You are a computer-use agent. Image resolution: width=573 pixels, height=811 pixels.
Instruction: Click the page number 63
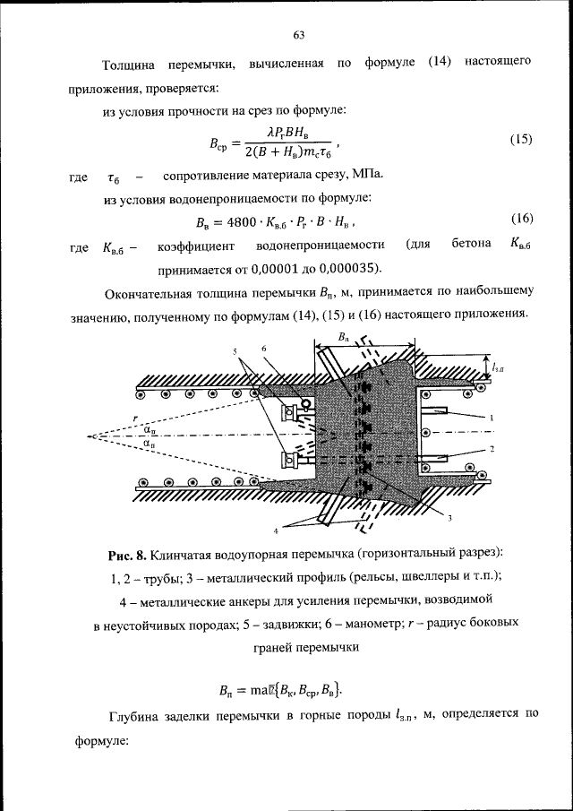(299, 35)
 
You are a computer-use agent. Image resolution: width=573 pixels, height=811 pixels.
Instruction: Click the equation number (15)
(520, 140)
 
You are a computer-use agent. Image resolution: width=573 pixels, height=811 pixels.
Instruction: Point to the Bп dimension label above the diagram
(344, 339)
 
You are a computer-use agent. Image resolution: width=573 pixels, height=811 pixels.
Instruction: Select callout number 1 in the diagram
(492, 417)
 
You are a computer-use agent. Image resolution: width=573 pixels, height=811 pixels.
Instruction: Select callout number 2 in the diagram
(492, 446)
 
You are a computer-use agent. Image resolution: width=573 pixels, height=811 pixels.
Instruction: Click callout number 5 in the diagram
(237, 350)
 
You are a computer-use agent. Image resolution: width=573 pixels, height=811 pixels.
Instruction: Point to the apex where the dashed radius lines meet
(92, 436)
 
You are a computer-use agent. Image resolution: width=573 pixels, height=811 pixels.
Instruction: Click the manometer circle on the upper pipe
(306, 404)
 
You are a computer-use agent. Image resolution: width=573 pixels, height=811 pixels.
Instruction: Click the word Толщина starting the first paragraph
(128, 64)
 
